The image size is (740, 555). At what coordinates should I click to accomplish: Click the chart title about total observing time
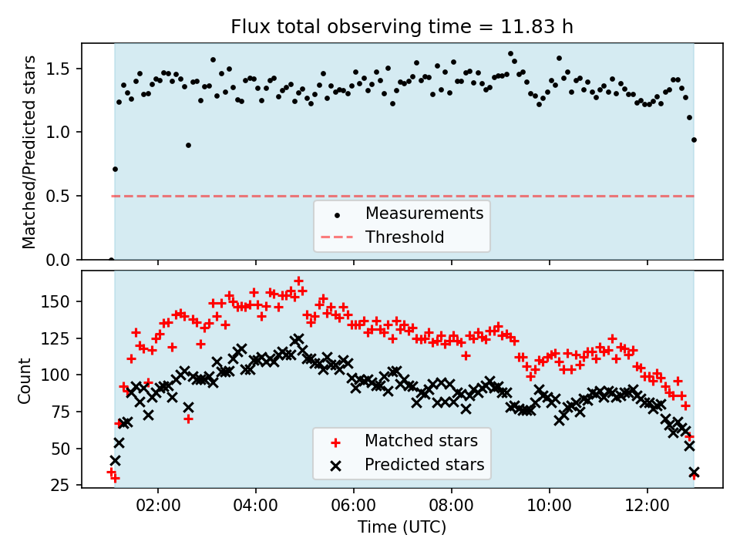pos(402,27)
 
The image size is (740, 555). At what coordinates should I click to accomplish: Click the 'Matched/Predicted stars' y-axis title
pos(29,151)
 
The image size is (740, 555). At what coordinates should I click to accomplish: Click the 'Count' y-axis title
pos(25,380)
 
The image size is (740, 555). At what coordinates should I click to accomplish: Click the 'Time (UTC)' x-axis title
pos(402,527)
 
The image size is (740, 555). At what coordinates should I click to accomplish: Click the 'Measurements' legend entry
pos(424,213)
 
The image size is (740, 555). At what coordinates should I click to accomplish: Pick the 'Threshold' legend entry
pos(405,237)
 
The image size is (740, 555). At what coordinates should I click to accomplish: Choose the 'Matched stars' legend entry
pos(421,441)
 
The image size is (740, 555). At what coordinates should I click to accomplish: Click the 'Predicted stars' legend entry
pos(424,465)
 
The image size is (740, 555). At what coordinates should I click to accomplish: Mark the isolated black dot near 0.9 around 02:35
pos(188,145)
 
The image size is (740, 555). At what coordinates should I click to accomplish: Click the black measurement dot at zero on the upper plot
pos(111,260)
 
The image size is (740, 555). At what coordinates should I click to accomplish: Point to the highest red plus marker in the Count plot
pos(298,281)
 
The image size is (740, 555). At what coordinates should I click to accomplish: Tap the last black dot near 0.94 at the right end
pos(694,140)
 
